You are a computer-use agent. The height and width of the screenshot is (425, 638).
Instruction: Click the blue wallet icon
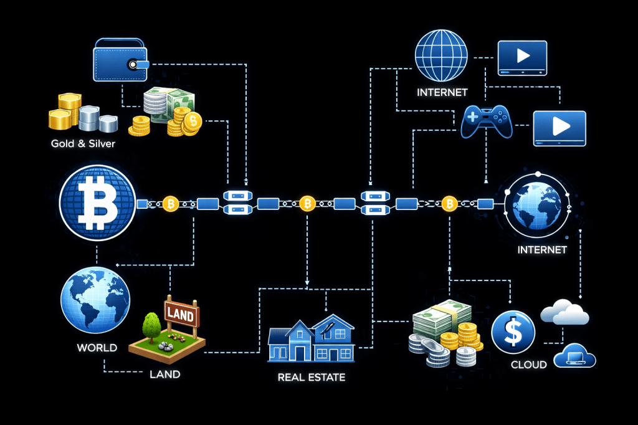120,60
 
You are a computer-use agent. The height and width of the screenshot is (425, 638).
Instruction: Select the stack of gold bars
65,111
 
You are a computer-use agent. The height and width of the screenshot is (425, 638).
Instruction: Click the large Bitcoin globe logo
97,203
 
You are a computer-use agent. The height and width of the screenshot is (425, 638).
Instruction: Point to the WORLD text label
97,347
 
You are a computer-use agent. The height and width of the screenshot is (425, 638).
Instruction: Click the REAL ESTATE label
312,377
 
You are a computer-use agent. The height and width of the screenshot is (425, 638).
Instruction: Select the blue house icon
311,340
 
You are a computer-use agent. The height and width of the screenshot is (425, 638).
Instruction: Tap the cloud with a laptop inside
574,356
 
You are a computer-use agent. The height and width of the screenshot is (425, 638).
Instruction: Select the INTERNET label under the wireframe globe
442,93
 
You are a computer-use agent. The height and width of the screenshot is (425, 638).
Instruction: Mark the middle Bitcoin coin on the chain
307,203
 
